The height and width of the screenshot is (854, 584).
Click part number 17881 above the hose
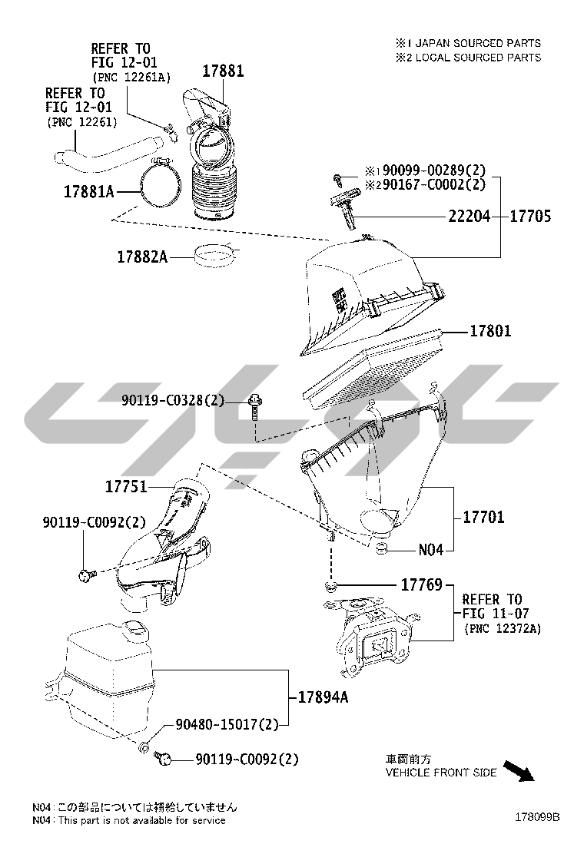pyautogui.click(x=223, y=71)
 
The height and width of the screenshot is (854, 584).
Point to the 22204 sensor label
pyautogui.click(x=469, y=217)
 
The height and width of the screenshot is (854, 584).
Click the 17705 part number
pyautogui.click(x=531, y=217)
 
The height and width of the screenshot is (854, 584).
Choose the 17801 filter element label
pyautogui.click(x=490, y=332)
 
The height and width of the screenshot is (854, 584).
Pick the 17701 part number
pyautogui.click(x=483, y=518)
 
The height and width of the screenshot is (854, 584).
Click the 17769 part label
pyautogui.click(x=421, y=585)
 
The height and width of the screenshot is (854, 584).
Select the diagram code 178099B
pyautogui.click(x=537, y=817)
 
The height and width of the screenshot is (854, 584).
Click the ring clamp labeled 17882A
pyautogui.click(x=216, y=256)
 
